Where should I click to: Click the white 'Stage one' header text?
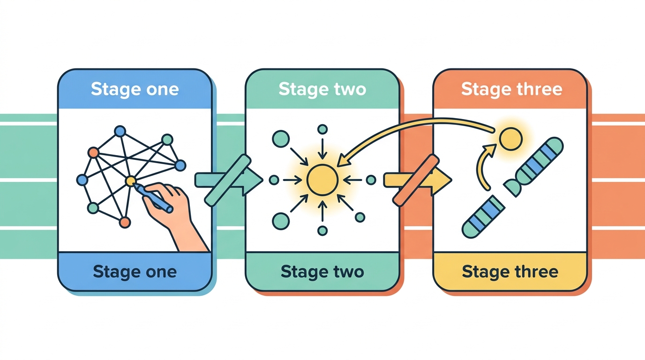tap(135, 90)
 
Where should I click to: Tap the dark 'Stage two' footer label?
tap(322, 271)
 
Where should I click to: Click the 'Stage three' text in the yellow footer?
tap(510, 271)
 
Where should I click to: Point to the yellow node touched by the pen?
tap(130, 181)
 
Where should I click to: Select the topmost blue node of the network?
tap(120, 131)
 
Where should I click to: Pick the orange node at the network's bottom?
tap(125, 222)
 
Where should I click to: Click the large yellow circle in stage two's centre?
tap(322, 180)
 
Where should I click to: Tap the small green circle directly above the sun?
tap(322, 129)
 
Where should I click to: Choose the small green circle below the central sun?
tap(322, 231)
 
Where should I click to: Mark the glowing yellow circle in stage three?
tap(511, 139)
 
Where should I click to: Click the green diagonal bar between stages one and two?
tap(227, 180)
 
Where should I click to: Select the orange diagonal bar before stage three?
tap(416, 180)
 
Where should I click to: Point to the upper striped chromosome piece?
tap(533, 166)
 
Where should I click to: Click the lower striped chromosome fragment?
tap(483, 217)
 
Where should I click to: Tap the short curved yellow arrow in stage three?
tap(484, 166)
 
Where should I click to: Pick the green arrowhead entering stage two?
tap(253, 180)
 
